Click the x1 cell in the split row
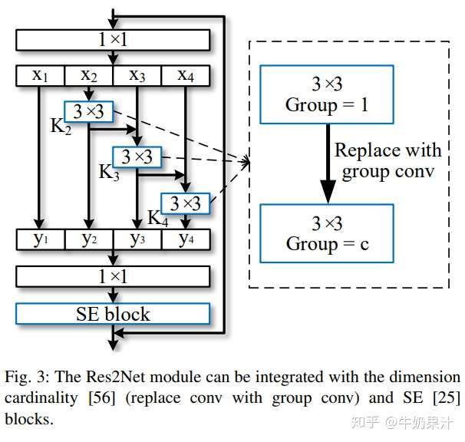coord(40,75)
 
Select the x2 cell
coord(88,75)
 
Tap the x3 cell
coord(137,75)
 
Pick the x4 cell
coord(185,75)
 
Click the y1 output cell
coord(40,239)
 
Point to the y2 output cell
coord(88,239)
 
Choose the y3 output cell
coord(137,239)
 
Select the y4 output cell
coord(185,239)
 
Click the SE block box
coord(112,313)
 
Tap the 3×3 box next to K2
coord(89,112)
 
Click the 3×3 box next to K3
coord(137,157)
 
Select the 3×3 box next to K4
coord(185,203)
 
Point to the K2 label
coord(61,127)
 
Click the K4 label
coord(157,218)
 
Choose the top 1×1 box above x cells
coord(112,39)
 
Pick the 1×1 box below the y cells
coord(112,276)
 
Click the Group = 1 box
coord(327,94)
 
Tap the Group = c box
coord(327,233)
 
